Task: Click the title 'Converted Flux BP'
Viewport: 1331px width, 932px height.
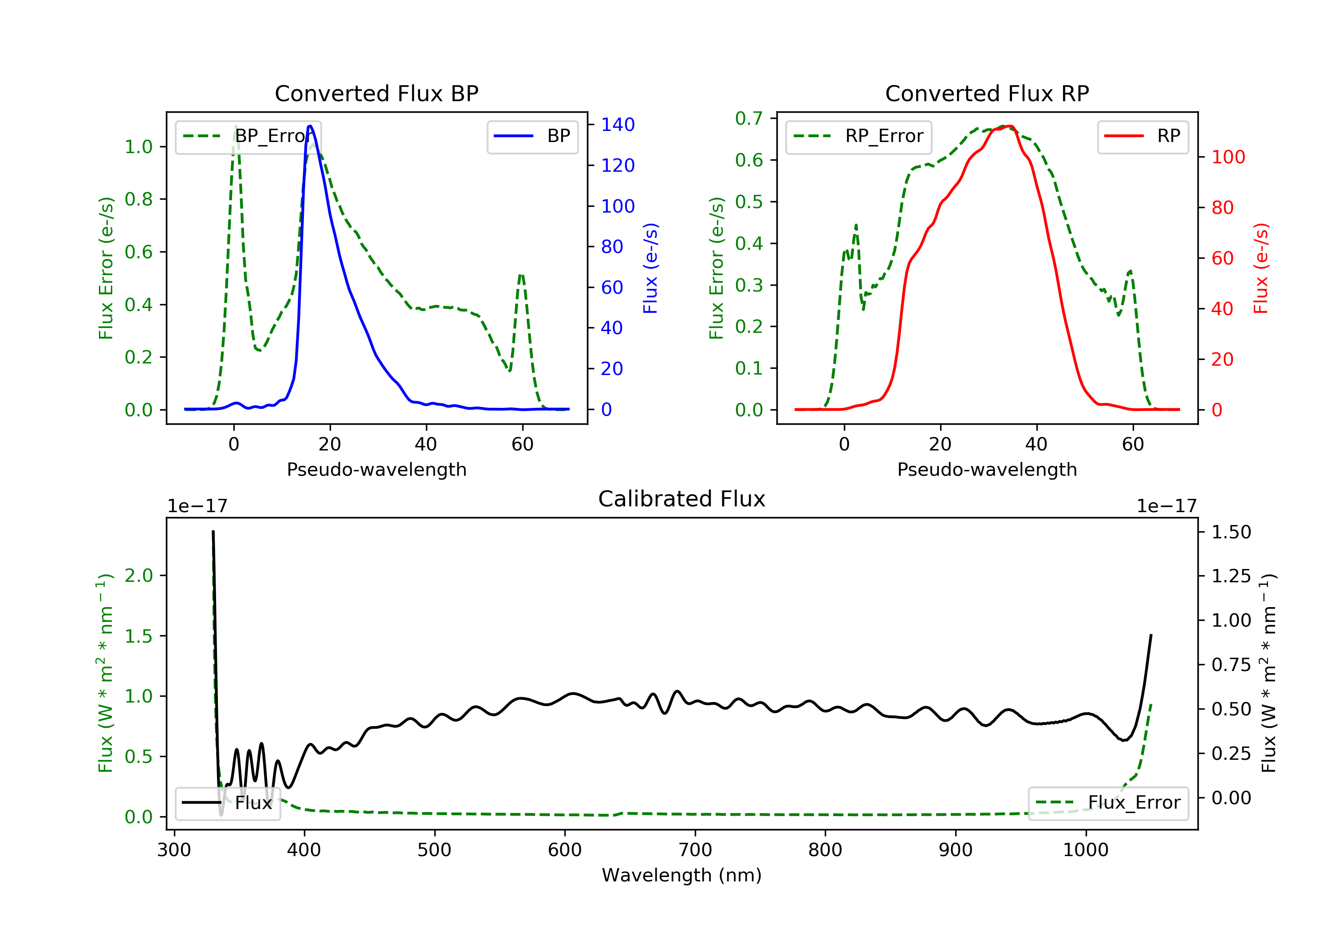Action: [376, 93]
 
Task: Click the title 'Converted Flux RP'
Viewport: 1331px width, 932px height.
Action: [987, 93]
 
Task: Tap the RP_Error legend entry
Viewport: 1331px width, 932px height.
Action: [858, 136]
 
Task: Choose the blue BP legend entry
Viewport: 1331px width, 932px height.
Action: [532, 136]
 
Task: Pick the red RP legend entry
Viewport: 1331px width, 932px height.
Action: [1142, 136]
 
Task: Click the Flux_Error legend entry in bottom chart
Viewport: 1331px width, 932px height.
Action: [1108, 803]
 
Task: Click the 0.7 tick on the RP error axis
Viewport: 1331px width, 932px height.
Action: [748, 118]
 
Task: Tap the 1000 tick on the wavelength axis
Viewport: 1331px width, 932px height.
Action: [1085, 850]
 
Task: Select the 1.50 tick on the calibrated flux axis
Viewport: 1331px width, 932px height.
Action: [1231, 532]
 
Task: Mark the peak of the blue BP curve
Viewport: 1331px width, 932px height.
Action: [310, 126]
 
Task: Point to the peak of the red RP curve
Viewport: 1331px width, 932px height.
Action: [1009, 126]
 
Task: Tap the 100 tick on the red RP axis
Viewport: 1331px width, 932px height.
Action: [1228, 157]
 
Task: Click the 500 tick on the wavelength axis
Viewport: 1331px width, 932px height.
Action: [434, 850]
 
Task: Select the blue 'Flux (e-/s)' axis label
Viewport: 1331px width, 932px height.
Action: [650, 268]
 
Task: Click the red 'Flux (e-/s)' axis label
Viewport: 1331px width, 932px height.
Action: [1261, 268]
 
